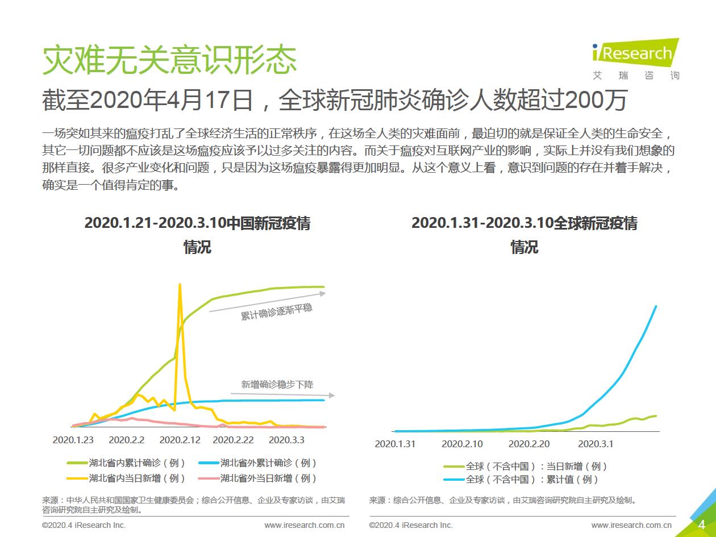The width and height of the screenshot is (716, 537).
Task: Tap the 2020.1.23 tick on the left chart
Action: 73,440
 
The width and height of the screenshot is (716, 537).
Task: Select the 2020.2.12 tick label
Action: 180,440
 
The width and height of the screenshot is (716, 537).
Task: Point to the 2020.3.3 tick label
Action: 286,440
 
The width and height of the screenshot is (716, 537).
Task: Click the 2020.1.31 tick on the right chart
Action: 395,444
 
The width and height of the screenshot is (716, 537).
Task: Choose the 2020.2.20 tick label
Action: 529,444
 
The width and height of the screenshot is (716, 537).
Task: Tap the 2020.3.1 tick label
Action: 596,444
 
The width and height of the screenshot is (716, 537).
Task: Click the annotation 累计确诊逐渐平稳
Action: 277,312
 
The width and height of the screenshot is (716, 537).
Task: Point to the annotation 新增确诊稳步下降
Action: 277,385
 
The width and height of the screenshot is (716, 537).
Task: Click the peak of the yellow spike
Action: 180,284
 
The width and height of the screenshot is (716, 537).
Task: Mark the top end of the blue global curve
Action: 656,306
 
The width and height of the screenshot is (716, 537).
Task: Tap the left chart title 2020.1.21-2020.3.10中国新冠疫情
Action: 197,223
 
